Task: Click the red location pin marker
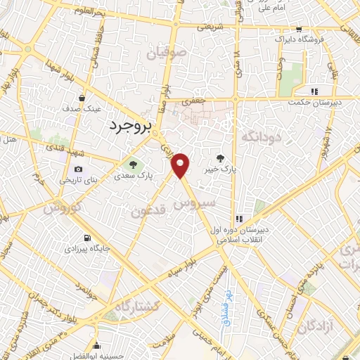click(x=181, y=165)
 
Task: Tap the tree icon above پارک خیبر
click(x=222, y=158)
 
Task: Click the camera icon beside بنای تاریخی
click(x=77, y=169)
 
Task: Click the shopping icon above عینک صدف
click(x=83, y=98)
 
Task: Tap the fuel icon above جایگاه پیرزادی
click(x=86, y=237)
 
